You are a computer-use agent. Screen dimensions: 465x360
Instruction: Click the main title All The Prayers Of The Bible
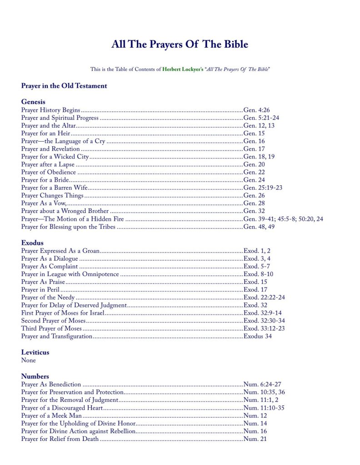[x=180, y=45]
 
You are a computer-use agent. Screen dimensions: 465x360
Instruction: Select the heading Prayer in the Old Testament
[x=64, y=86]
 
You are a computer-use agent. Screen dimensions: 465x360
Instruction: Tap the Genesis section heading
[x=33, y=102]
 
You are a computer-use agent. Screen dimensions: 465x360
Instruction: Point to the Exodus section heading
[x=32, y=242]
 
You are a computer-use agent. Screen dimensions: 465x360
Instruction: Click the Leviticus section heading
[x=35, y=352]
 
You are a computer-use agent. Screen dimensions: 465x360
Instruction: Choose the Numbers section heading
[x=35, y=376]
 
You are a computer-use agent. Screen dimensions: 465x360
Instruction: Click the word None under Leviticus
[x=28, y=361]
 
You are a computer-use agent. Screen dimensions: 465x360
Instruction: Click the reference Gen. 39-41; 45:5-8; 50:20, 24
[x=283, y=219]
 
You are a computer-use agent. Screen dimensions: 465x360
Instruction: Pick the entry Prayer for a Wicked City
[x=55, y=157]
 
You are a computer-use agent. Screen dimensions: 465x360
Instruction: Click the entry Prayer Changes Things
[x=52, y=196]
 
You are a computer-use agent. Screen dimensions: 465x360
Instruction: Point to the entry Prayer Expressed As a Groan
[x=60, y=251]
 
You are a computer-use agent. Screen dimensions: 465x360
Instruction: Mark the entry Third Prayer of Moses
[x=51, y=329]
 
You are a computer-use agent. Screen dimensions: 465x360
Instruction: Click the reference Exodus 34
[x=258, y=336]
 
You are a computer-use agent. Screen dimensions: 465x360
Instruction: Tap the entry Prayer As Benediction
[x=51, y=384]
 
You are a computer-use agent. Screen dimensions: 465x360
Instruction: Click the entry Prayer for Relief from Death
[x=60, y=439]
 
